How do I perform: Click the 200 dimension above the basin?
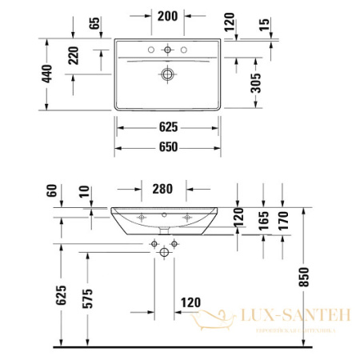tap(168, 16)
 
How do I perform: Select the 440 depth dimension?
tap(48, 74)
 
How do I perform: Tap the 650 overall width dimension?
tap(168, 147)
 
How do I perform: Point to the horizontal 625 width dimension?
tap(168, 127)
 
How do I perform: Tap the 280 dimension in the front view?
tap(164, 190)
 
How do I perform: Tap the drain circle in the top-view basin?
tap(167, 74)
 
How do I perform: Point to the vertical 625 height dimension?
tap(60, 297)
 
